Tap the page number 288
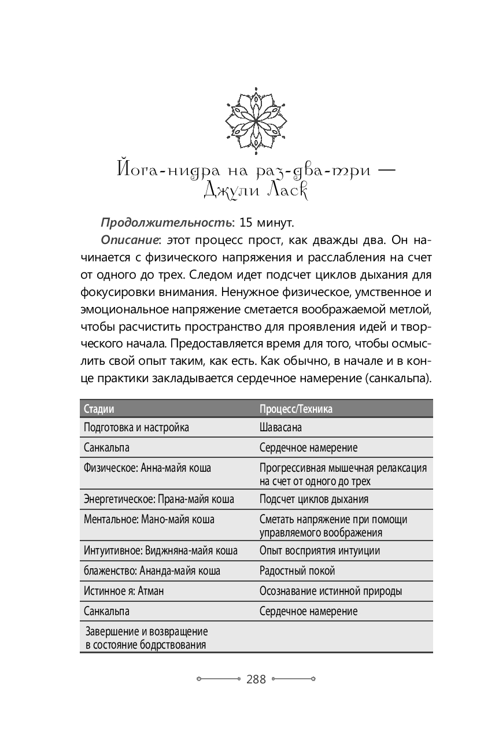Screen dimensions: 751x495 point(256,679)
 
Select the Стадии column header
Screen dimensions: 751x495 point(99,409)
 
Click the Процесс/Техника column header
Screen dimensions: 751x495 point(296,409)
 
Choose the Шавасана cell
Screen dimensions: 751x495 point(280,428)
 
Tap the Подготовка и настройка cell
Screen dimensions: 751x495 point(136,428)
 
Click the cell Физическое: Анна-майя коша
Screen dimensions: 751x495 point(147,468)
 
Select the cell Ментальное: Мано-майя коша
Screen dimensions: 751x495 point(149,519)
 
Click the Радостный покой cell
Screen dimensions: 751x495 point(297,571)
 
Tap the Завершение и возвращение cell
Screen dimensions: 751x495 point(146,638)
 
